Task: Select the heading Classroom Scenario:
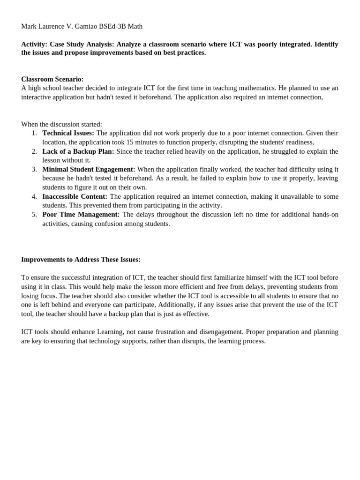pyautogui.click(x=52, y=79)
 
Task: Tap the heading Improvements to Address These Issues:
pyautogui.click(x=81, y=259)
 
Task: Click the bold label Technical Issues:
pyautogui.click(x=68, y=133)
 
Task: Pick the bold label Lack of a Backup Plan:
pyautogui.click(x=78, y=151)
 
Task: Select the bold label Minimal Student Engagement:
pyautogui.click(x=89, y=169)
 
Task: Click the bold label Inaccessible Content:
pyautogui.click(x=75, y=196)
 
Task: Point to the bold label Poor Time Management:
pyautogui.click(x=81, y=214)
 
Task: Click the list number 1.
pyautogui.click(x=34, y=133)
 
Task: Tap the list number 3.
pyautogui.click(x=34, y=169)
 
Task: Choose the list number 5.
pyautogui.click(x=34, y=214)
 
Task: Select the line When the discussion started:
pyautogui.click(x=61, y=124)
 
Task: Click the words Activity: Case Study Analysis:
pyautogui.click(x=67, y=44)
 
